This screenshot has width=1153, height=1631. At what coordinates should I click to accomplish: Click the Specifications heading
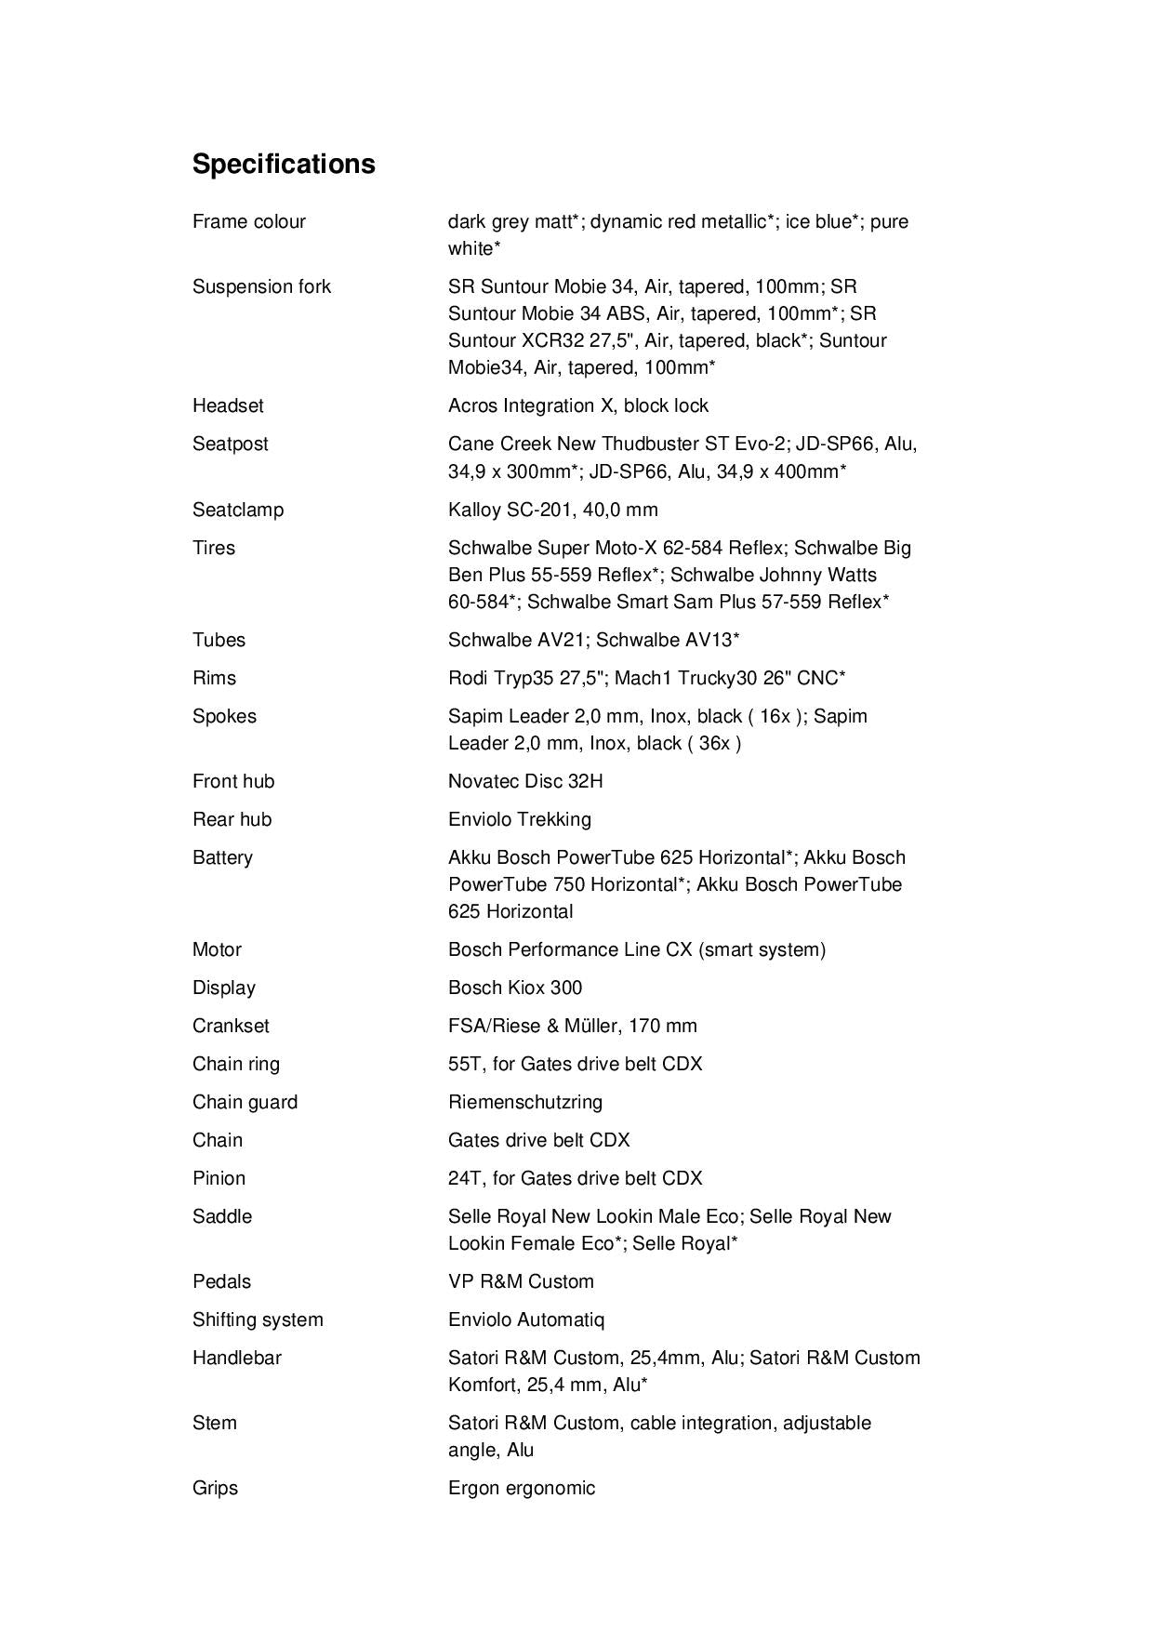click(284, 164)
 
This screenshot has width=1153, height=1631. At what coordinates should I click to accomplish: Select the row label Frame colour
click(249, 221)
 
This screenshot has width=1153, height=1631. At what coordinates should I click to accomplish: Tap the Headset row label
click(228, 405)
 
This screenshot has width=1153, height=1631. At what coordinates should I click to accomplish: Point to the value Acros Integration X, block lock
click(577, 405)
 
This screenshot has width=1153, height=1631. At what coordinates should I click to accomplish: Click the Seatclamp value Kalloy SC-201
click(552, 510)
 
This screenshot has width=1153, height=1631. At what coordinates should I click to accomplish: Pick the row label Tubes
click(219, 640)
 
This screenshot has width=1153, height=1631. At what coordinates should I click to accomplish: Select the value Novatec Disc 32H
click(525, 781)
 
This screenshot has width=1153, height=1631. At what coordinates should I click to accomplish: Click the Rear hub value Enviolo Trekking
click(519, 819)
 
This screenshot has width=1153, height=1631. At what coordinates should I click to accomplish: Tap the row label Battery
click(222, 857)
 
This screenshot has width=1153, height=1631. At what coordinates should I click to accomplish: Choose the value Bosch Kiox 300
click(515, 988)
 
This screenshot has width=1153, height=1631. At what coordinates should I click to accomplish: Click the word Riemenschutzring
click(525, 1102)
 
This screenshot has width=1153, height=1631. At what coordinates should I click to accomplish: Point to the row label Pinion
click(219, 1178)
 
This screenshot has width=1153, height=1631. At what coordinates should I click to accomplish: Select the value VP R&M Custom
click(521, 1281)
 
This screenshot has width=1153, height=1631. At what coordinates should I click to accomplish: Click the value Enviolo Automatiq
click(526, 1319)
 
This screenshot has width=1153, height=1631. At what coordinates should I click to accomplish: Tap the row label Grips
click(215, 1488)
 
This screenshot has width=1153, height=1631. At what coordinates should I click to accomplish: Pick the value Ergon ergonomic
click(522, 1488)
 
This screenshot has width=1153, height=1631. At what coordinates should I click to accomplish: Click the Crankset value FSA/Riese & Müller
click(572, 1026)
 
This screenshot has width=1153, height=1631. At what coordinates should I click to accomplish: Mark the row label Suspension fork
click(261, 286)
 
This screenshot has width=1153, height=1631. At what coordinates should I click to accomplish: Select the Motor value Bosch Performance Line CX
click(636, 949)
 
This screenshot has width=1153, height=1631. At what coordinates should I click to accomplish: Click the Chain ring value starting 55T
click(575, 1064)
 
